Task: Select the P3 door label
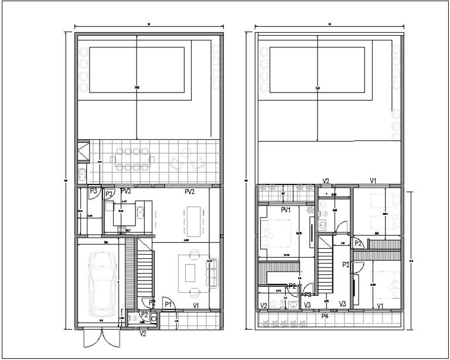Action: (x=93, y=190)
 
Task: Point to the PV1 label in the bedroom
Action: (x=286, y=210)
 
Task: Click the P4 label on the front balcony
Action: (x=325, y=316)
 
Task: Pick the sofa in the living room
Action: (x=212, y=273)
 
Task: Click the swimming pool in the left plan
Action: (x=137, y=71)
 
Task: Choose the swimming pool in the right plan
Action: (x=318, y=71)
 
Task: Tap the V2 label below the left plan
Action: (x=142, y=334)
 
